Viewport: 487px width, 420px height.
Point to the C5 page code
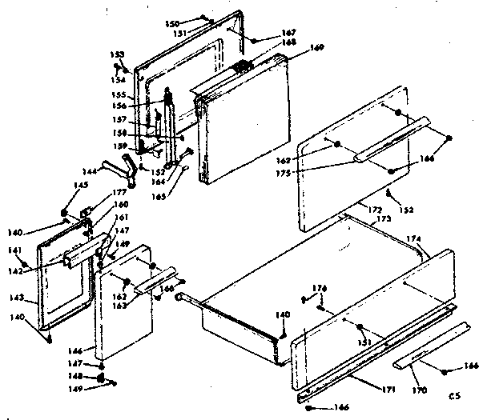coord(454,394)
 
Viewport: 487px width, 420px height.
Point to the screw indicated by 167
coord(253,38)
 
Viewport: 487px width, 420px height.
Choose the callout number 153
coord(117,54)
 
